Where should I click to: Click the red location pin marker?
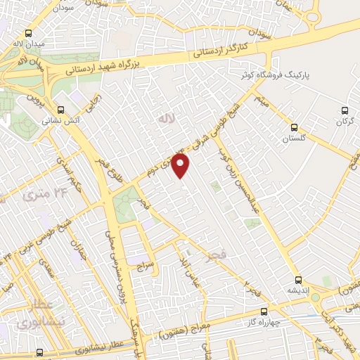click(x=181, y=166)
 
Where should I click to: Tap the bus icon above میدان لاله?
click(x=28, y=33)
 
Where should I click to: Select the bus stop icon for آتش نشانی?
click(x=61, y=110)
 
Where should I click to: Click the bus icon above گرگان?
click(x=344, y=110)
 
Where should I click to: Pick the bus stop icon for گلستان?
click(x=294, y=128)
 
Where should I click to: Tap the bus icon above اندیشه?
click(x=299, y=280)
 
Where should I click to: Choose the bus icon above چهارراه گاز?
click(x=264, y=311)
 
